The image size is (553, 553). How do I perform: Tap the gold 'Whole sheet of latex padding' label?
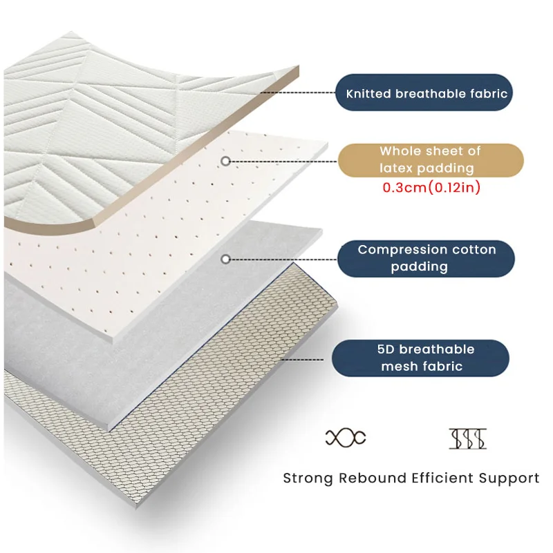pyautogui.click(x=430, y=159)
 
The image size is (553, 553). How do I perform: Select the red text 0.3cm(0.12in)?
pyautogui.click(x=431, y=188)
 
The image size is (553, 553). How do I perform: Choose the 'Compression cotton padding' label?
pyautogui.click(x=427, y=258)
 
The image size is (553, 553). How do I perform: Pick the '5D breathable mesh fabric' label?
pyautogui.click(x=421, y=358)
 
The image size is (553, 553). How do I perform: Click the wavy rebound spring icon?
pyautogui.click(x=345, y=436)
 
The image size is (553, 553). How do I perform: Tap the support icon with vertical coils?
pyautogui.click(x=468, y=437)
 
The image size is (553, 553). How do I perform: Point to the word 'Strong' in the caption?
pyautogui.click(x=308, y=478)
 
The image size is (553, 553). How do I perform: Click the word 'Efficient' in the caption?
pyautogui.click(x=440, y=478)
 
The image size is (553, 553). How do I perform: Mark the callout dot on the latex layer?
pyautogui.click(x=225, y=161)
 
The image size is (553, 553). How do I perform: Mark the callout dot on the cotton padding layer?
pyautogui.click(x=225, y=259)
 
